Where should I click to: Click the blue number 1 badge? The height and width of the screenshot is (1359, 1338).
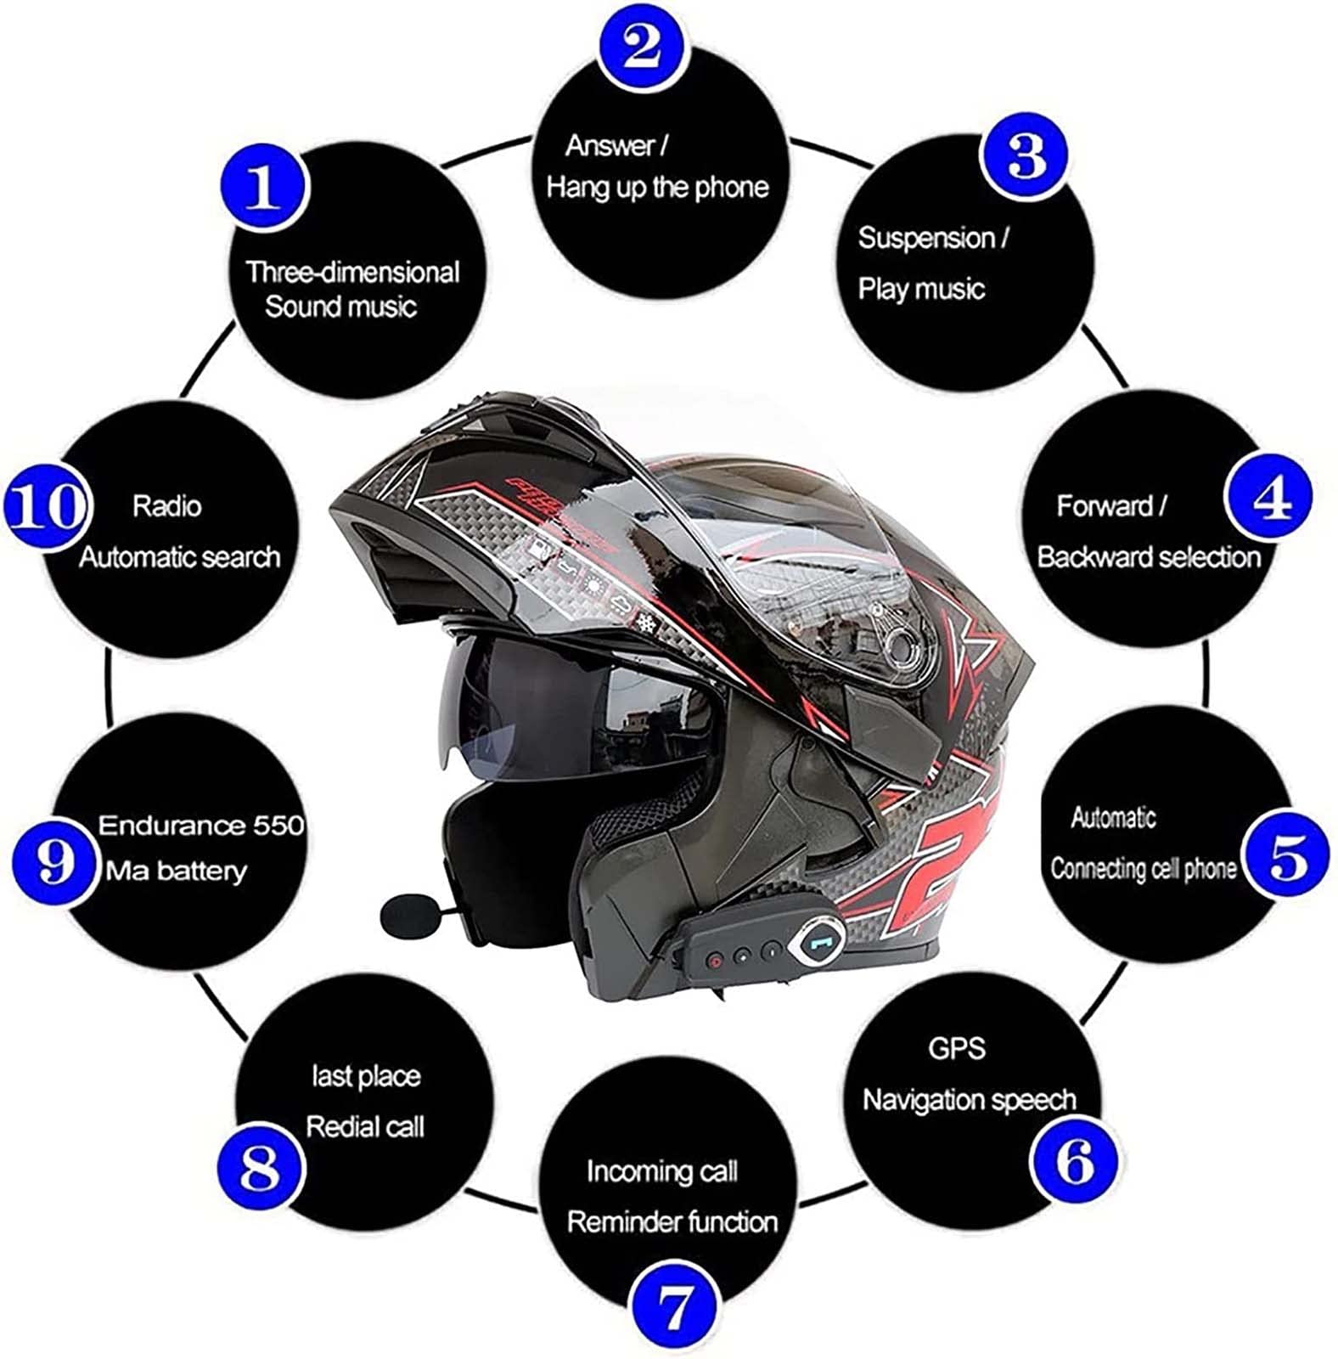pyautogui.click(x=263, y=188)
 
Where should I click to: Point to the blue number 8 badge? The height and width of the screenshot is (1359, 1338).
pyautogui.click(x=260, y=1168)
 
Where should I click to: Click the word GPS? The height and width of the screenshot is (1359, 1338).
pyautogui.click(x=957, y=1048)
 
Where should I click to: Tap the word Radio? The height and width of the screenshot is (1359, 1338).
pyautogui.click(x=167, y=506)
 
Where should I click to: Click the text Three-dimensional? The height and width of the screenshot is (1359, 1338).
pyautogui.click(x=352, y=272)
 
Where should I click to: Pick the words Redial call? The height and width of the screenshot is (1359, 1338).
pyautogui.click(x=365, y=1127)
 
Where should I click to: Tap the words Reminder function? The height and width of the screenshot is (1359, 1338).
pyautogui.click(x=672, y=1222)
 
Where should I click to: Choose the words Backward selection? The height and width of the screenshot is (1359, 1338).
pyautogui.click(x=1149, y=557)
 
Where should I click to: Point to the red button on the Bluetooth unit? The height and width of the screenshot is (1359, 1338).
pyautogui.click(x=715, y=961)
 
